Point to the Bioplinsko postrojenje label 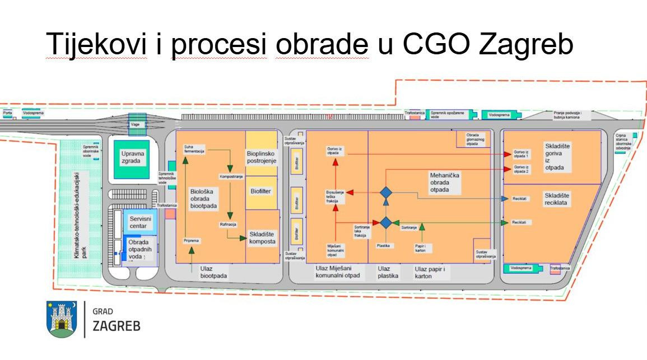262,157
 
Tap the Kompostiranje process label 231,176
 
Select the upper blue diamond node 385,193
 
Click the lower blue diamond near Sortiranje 385,222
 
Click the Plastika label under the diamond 383,246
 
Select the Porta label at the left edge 7,113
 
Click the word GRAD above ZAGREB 103,311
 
